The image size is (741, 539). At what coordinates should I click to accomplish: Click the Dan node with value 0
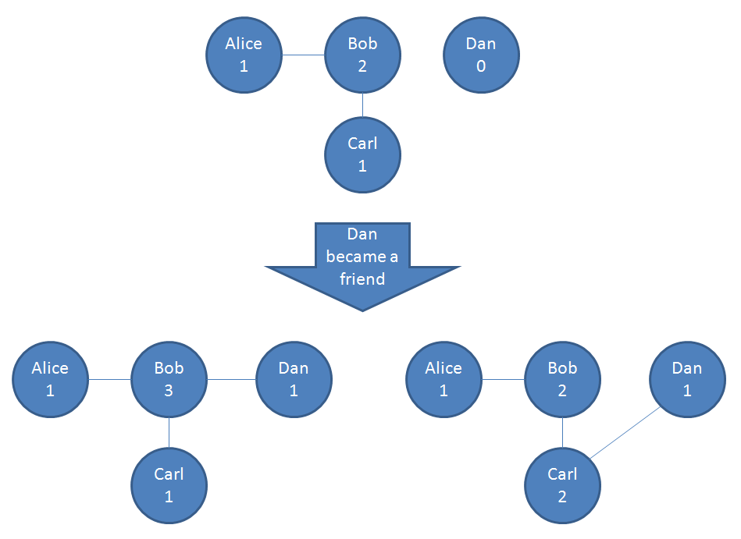coord(481,55)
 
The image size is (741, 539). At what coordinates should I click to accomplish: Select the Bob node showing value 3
coord(169,380)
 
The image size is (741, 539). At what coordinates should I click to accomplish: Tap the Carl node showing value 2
coord(562,485)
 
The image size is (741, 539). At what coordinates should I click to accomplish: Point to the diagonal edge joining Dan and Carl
coord(625,433)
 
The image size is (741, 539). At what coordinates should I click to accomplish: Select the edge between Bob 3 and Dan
coord(231,380)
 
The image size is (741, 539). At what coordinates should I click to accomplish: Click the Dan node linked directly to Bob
coord(294,380)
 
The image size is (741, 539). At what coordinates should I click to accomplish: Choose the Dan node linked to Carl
coord(687,380)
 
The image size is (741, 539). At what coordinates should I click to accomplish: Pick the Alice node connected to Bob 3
coord(50,380)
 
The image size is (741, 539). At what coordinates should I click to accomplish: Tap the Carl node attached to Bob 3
coord(169,485)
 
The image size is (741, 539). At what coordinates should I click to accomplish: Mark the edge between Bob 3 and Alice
coord(109,380)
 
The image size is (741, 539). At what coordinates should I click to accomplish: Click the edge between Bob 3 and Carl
coord(169,433)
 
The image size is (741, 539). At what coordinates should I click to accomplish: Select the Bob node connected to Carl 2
coord(562,380)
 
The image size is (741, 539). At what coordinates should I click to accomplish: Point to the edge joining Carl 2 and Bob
coord(562,433)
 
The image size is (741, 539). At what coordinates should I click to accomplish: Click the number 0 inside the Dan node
coord(481,66)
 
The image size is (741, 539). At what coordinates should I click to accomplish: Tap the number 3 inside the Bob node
coord(169,391)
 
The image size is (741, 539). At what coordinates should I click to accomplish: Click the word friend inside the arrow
coord(362,278)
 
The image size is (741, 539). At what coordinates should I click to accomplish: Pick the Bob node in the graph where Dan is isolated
coord(362,55)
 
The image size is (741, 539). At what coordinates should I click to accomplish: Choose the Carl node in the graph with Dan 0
coord(362,154)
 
